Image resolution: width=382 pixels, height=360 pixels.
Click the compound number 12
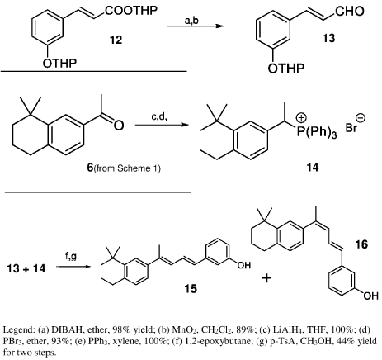coord(116,40)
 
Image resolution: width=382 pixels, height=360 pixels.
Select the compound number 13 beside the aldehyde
coord(328,38)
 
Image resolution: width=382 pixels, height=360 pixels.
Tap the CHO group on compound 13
coord(350,12)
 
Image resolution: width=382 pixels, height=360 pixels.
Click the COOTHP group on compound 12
coord(131,11)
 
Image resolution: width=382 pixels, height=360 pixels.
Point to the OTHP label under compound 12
coord(59,63)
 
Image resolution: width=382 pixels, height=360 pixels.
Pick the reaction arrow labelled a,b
coord(196,26)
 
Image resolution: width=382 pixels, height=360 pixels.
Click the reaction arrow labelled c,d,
coord(162,125)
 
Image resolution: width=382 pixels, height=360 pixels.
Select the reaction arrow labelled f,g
coord(73,267)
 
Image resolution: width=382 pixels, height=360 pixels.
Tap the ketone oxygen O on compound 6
coord(119,126)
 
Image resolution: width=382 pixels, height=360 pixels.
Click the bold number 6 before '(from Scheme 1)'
coord(90,168)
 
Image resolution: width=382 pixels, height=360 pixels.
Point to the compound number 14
coord(313,167)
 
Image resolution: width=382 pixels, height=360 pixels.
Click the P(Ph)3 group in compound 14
coord(317,132)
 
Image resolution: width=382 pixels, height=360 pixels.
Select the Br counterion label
coord(351,128)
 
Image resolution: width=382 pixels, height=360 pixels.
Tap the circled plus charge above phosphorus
coord(301,118)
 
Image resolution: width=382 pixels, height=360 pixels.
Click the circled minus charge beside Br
coord(361,118)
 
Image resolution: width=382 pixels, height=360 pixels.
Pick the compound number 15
coord(191,289)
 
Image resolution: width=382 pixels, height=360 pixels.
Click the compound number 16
coord(361,244)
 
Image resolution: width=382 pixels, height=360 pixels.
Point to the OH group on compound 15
coord(244,265)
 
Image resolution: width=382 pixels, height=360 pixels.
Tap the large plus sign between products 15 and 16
coord(266,278)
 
